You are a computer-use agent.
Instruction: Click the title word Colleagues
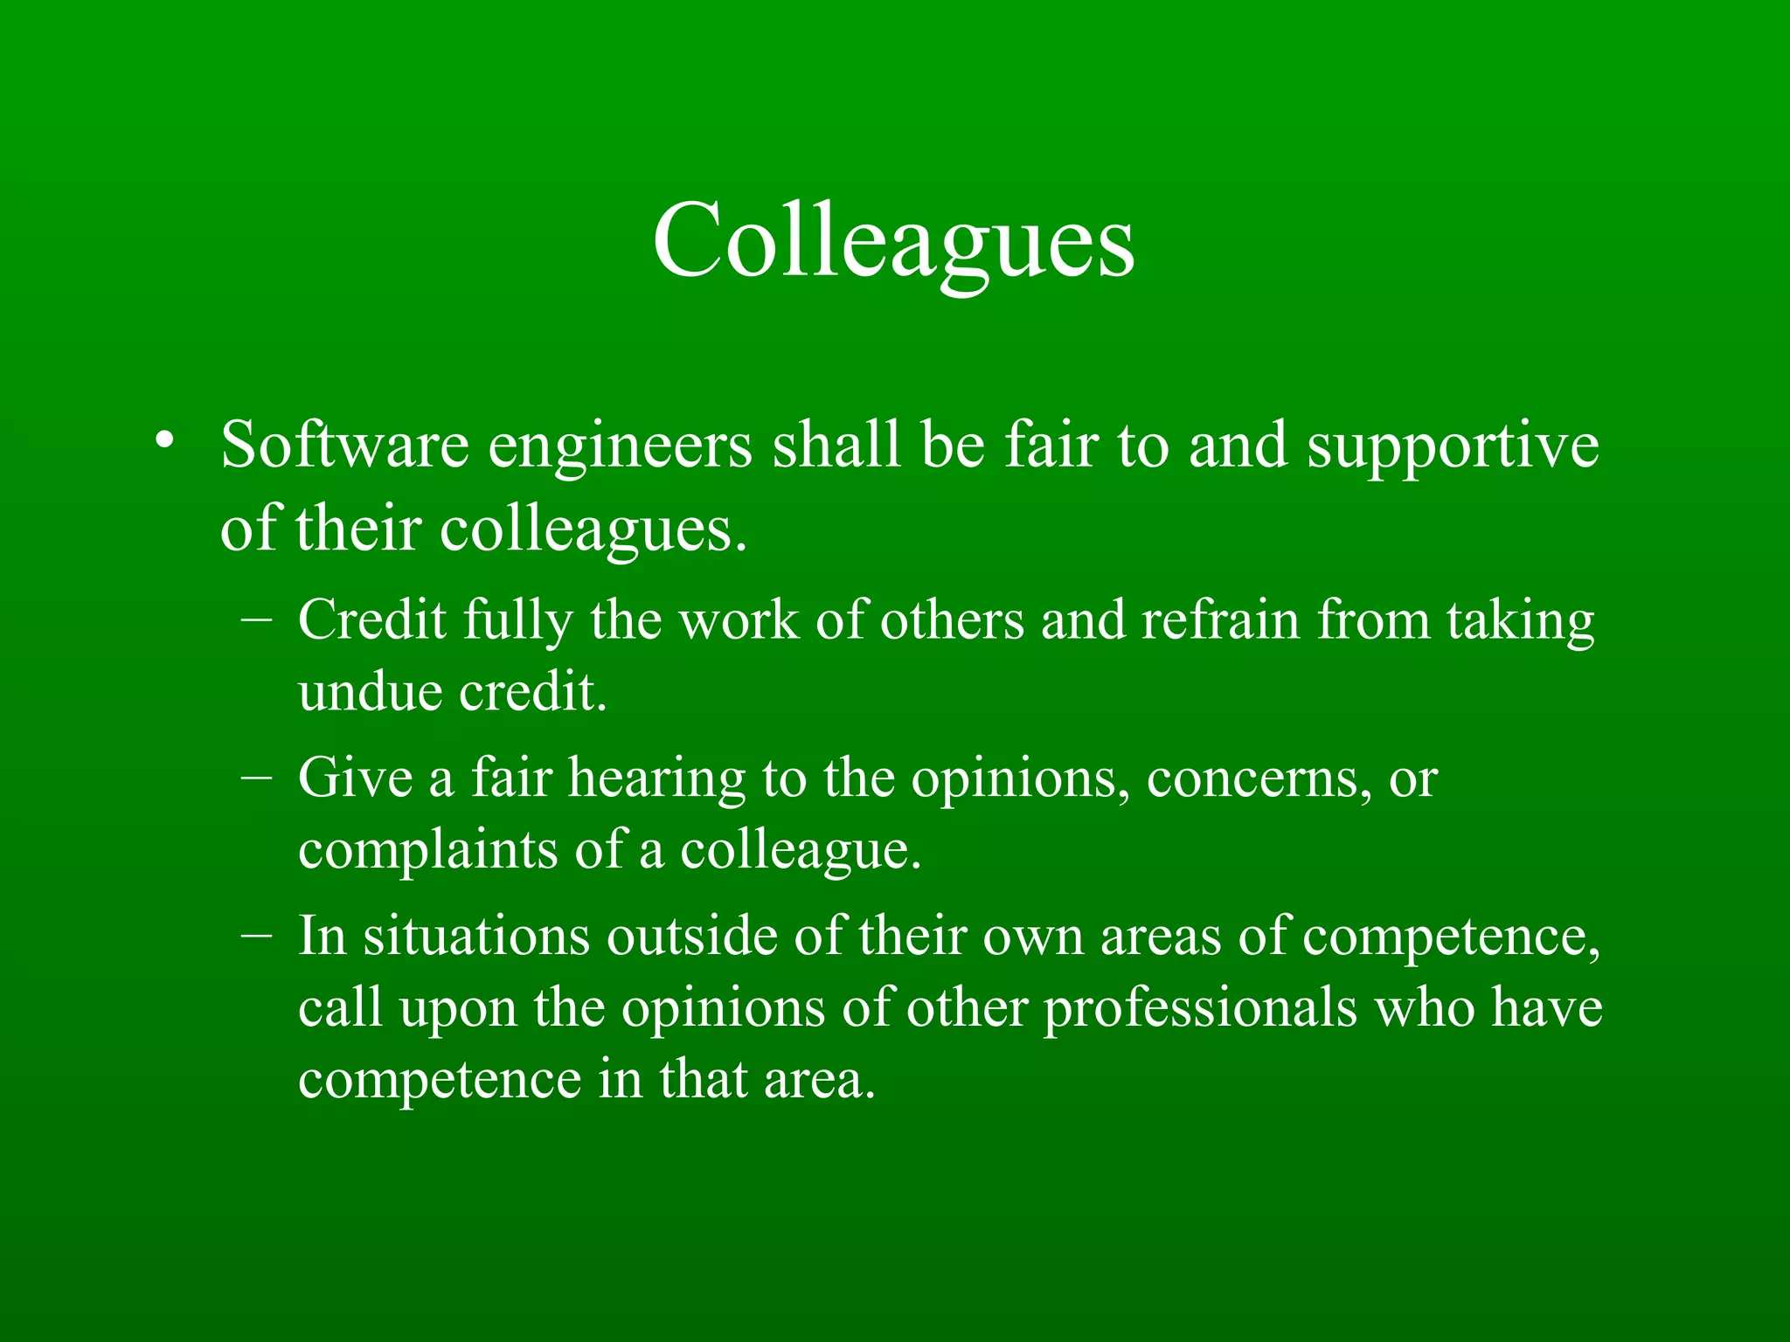click(x=893, y=240)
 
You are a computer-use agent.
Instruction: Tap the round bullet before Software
click(x=163, y=439)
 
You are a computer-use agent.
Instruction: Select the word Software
click(x=344, y=446)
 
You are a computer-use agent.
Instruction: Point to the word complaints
click(x=427, y=851)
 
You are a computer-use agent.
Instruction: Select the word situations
click(x=476, y=937)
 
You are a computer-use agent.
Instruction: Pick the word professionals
click(x=1201, y=1010)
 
